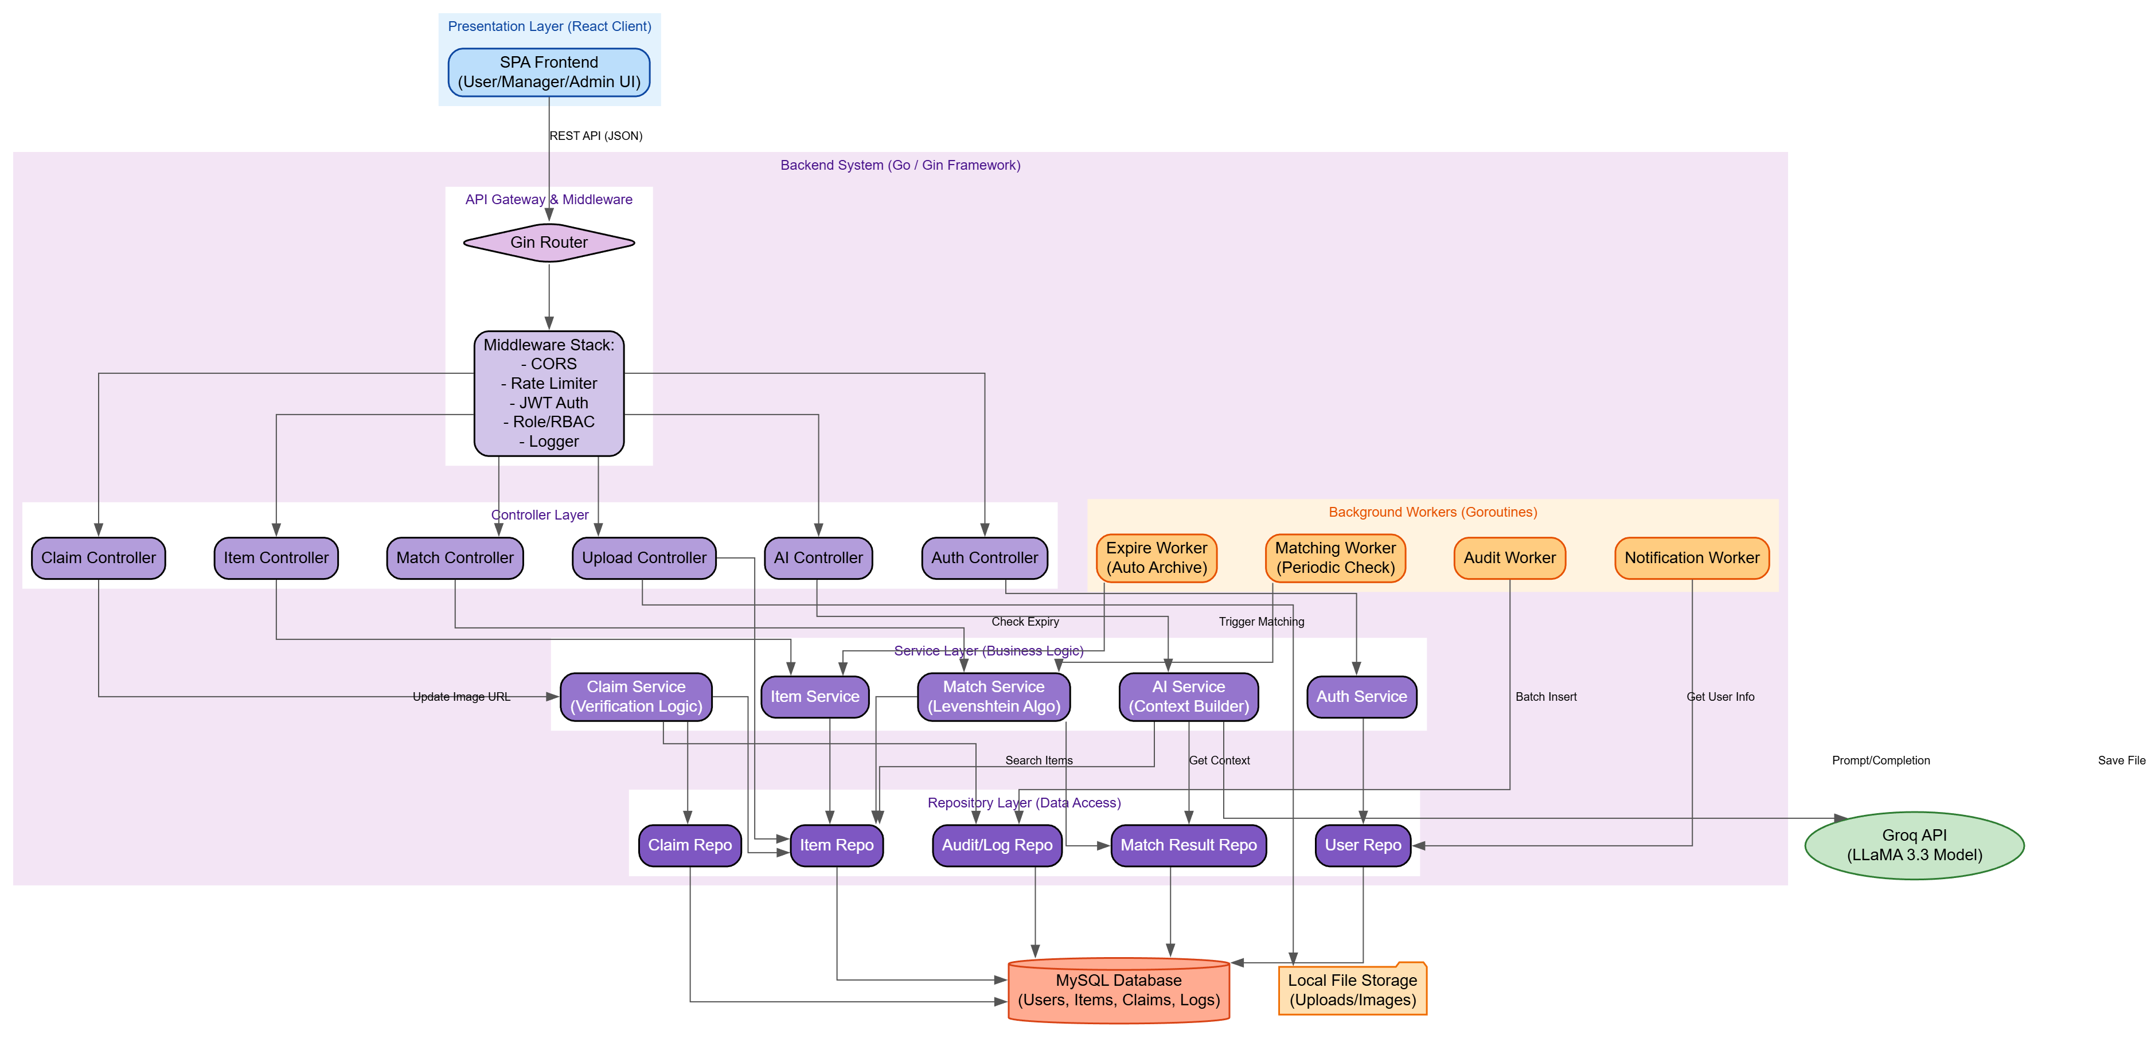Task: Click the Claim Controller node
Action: (99, 557)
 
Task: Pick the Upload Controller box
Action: (644, 557)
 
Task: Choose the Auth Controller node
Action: (985, 557)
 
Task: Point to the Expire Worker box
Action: (1157, 557)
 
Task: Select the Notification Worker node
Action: (1692, 557)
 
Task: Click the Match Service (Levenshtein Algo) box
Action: (994, 696)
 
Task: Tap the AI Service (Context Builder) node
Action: (1188, 696)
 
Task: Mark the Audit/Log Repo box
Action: (997, 845)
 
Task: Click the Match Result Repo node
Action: (1188, 845)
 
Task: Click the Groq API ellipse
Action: (1914, 845)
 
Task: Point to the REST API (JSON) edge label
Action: (595, 136)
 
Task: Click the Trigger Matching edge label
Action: (1261, 622)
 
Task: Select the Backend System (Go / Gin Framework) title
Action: (900, 165)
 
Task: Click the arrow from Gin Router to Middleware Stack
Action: (549, 296)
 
